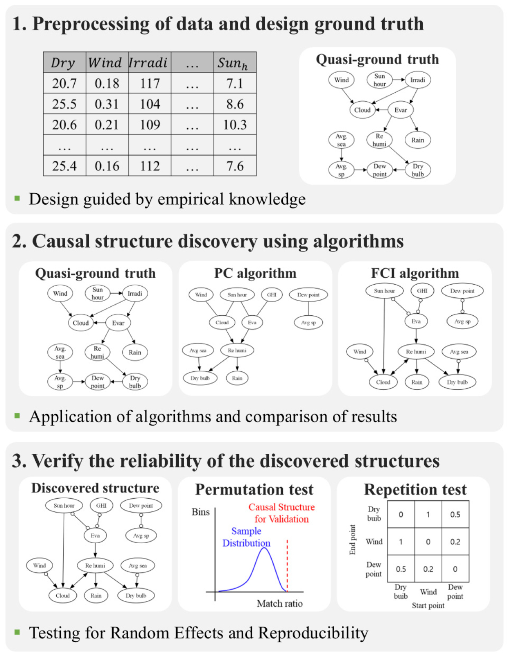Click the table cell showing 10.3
click(235, 125)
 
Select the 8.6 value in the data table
click(235, 104)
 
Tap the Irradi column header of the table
click(148, 62)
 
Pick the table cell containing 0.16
click(107, 166)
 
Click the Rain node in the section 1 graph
click(417, 140)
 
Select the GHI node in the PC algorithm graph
click(272, 294)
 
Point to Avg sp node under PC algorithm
click(308, 323)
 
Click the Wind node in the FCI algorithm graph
click(359, 352)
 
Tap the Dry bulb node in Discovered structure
click(136, 596)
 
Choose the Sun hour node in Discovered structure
click(64, 506)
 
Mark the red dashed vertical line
click(287, 566)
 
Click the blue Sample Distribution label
click(246, 537)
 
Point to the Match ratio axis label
click(279, 604)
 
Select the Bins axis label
click(201, 512)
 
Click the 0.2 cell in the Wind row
click(455, 542)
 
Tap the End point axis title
click(353, 540)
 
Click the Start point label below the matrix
click(428, 606)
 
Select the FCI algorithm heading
click(415, 273)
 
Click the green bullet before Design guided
click(17, 199)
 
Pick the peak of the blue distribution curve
click(264, 548)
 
